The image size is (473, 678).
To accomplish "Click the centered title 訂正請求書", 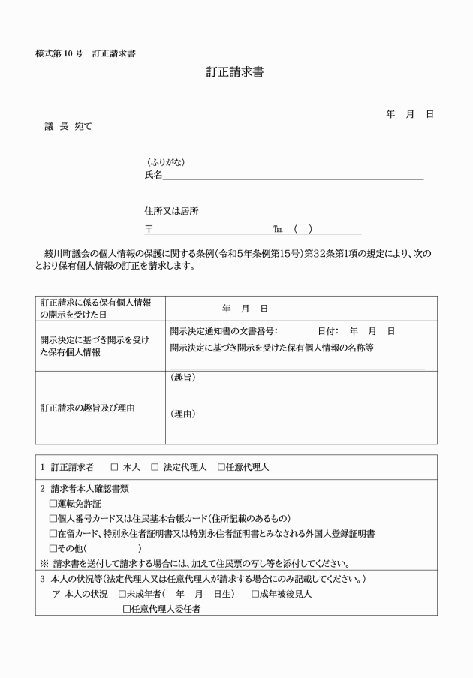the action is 235,73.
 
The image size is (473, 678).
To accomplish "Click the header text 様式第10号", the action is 59,54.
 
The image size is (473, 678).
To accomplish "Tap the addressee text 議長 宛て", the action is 68,127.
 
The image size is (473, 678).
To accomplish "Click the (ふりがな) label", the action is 166,163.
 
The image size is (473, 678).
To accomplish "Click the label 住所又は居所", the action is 172,212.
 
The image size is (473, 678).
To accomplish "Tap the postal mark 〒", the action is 149,230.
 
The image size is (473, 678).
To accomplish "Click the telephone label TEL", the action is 279,230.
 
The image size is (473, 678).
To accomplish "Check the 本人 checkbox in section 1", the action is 115,467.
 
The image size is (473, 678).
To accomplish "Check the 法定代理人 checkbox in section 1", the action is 155,467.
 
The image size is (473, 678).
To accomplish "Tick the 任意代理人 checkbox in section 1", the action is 221,467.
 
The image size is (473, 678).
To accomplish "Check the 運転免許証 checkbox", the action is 53,503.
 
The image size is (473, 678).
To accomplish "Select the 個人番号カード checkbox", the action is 53,518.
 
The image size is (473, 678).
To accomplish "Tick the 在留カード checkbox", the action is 53,533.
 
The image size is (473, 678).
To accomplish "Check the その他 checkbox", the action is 53,548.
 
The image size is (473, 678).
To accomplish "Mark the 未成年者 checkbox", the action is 122,594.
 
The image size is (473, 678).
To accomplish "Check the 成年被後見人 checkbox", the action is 255,594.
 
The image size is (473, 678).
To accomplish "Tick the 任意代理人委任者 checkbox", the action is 127,609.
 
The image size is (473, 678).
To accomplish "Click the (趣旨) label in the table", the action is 183,378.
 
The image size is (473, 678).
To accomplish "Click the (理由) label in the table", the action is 183,414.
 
